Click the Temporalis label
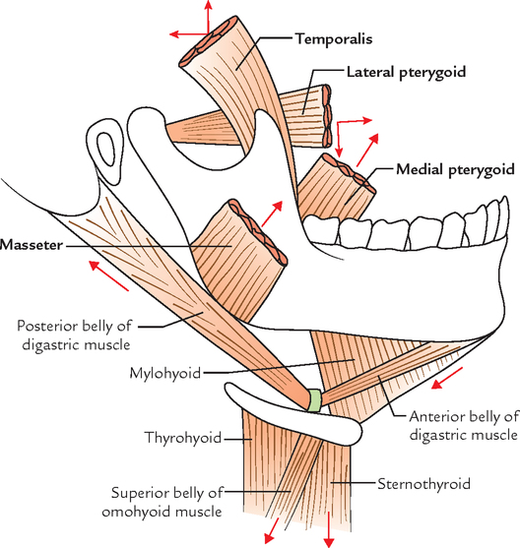coord(334,38)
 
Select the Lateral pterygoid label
coord(407,73)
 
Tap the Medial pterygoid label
coord(455,169)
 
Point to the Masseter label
coord(32,245)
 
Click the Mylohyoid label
coord(165,373)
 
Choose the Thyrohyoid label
coord(183,438)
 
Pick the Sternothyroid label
coord(423,484)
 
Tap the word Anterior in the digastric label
coord(437,416)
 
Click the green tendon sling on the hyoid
coord(314,400)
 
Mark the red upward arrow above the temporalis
coord(208,17)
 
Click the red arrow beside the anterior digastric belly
coord(447,378)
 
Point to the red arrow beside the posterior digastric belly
coord(108,275)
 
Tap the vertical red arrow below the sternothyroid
coord(328,529)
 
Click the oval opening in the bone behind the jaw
coord(106,150)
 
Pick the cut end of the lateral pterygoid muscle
coord(327,115)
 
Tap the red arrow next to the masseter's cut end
coord(272,213)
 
